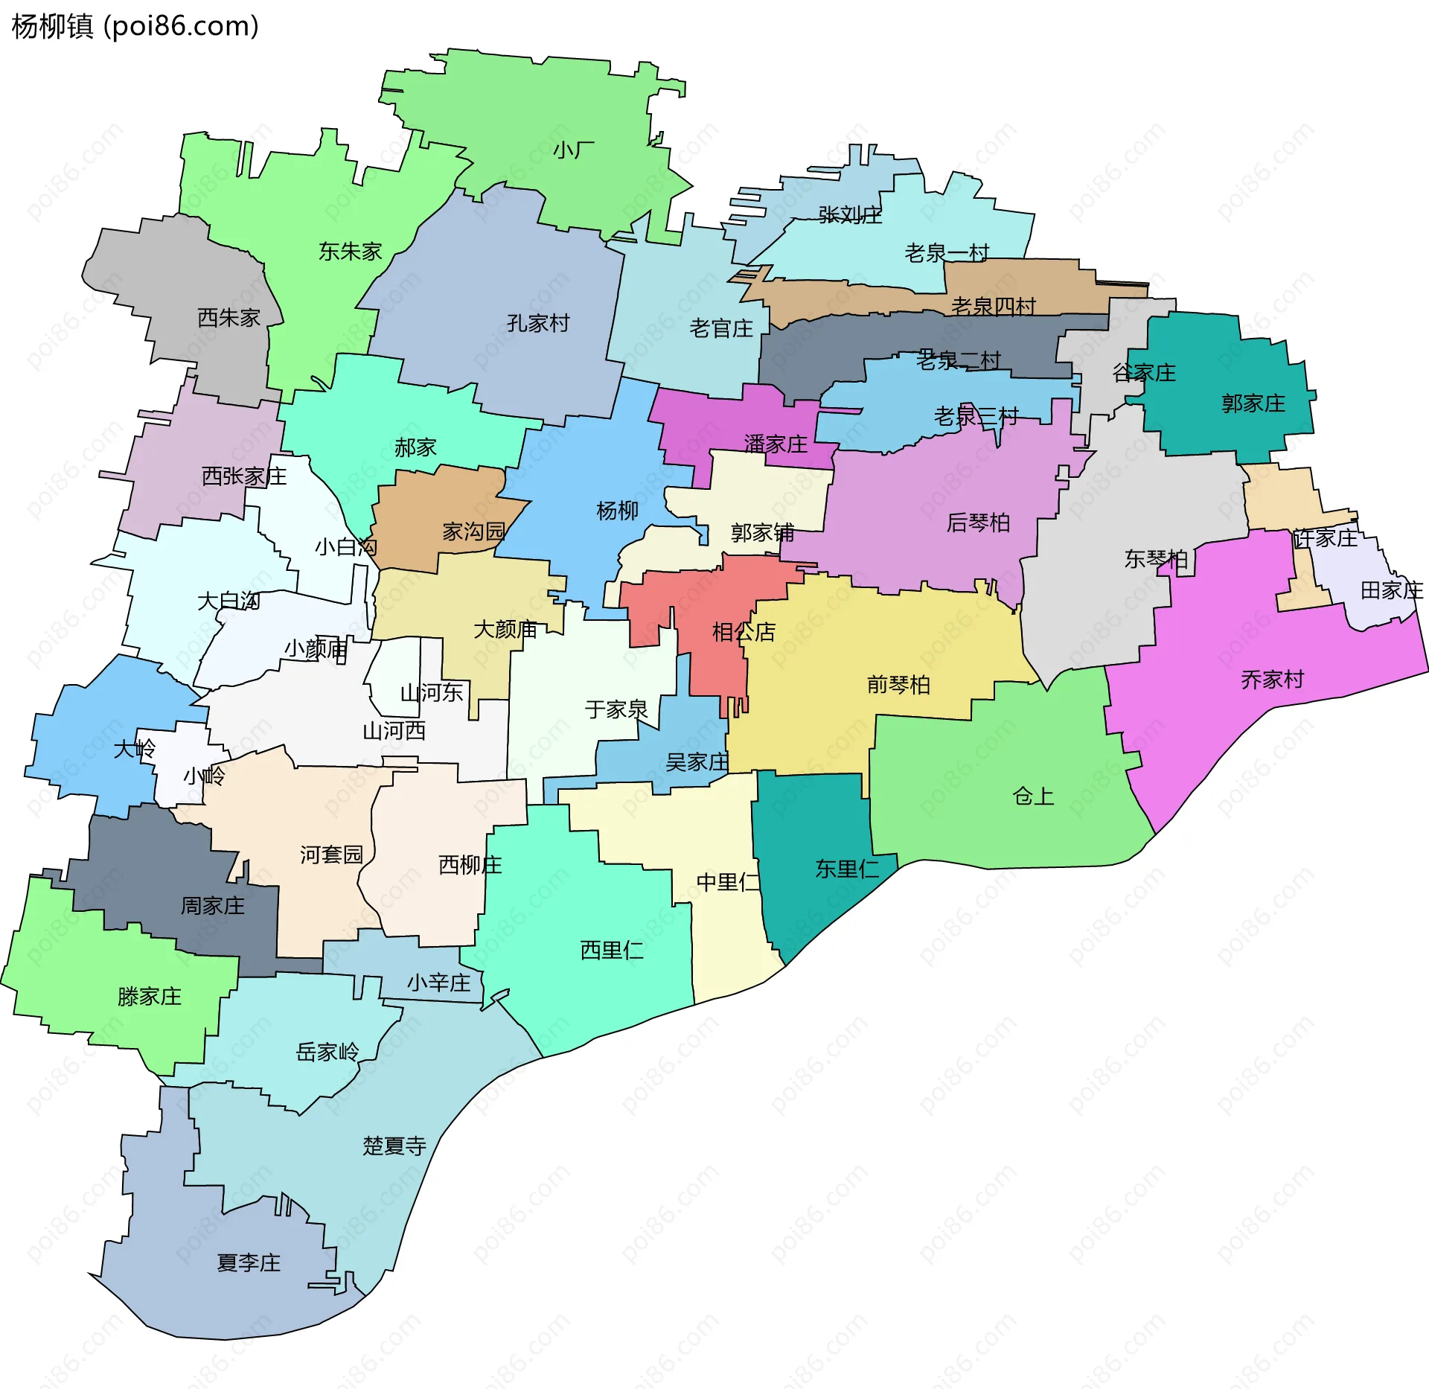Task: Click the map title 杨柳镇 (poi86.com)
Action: pos(135,26)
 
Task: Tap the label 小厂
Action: pos(574,150)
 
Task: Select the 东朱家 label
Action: pos(350,252)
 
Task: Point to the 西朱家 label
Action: pos(228,318)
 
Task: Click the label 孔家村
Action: pos(538,323)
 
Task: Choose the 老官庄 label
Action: pos(721,328)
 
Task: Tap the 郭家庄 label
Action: pos(1253,403)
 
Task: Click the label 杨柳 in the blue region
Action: pos(617,511)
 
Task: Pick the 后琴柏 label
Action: pos(978,523)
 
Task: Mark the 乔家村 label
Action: pos(1273,680)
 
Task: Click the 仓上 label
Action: pos(1033,796)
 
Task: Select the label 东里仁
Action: pos(847,869)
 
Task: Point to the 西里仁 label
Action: pos(612,951)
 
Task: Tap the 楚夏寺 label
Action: pos(394,1146)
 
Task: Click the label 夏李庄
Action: pos(249,1263)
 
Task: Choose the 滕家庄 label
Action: pos(150,997)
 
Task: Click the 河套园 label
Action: pos(332,855)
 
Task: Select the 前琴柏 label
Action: pos(898,685)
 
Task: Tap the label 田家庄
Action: pos(1392,591)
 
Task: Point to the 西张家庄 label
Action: pos(244,476)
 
